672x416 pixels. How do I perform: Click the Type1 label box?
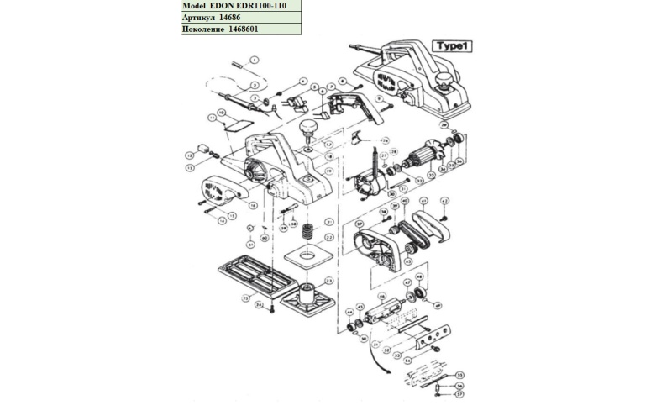tap(449, 46)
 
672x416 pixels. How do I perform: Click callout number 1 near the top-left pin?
tap(255, 61)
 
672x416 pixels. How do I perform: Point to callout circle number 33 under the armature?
tap(432, 176)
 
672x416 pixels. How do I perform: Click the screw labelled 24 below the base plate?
tap(273, 311)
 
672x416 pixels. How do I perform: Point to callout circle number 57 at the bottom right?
tap(459, 393)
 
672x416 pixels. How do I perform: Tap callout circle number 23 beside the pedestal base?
tap(329, 281)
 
